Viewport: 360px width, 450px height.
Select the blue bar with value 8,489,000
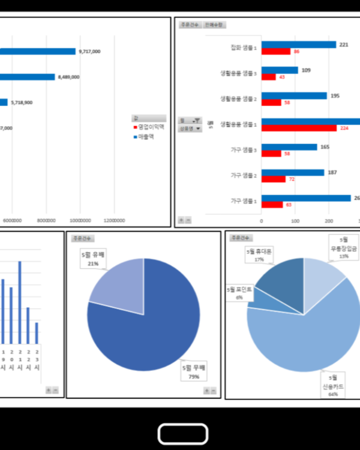pos(27,77)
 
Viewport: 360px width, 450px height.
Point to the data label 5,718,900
pos(21,103)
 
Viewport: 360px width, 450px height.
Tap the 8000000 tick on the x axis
pos(47,220)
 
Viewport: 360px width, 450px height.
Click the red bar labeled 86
pos(276,52)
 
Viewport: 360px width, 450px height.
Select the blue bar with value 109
pos(280,70)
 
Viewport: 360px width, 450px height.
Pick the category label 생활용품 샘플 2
pos(238,98)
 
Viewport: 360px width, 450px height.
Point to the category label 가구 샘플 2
pos(244,175)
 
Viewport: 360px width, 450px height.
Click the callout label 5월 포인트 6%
pos(239,293)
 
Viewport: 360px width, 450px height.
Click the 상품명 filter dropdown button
pos(190,128)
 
